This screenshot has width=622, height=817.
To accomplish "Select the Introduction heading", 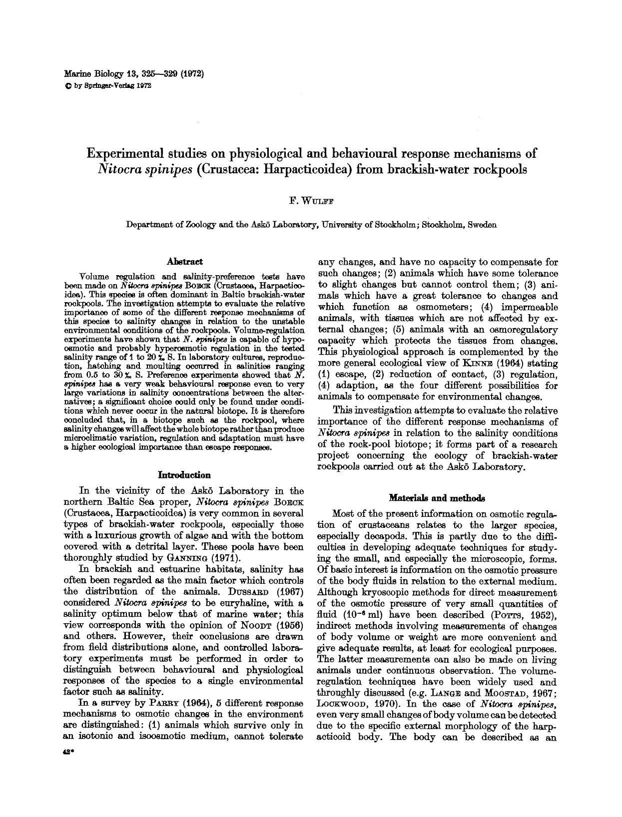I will coord(184,475).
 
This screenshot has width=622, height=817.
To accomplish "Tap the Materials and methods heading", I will coord(437,498).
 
